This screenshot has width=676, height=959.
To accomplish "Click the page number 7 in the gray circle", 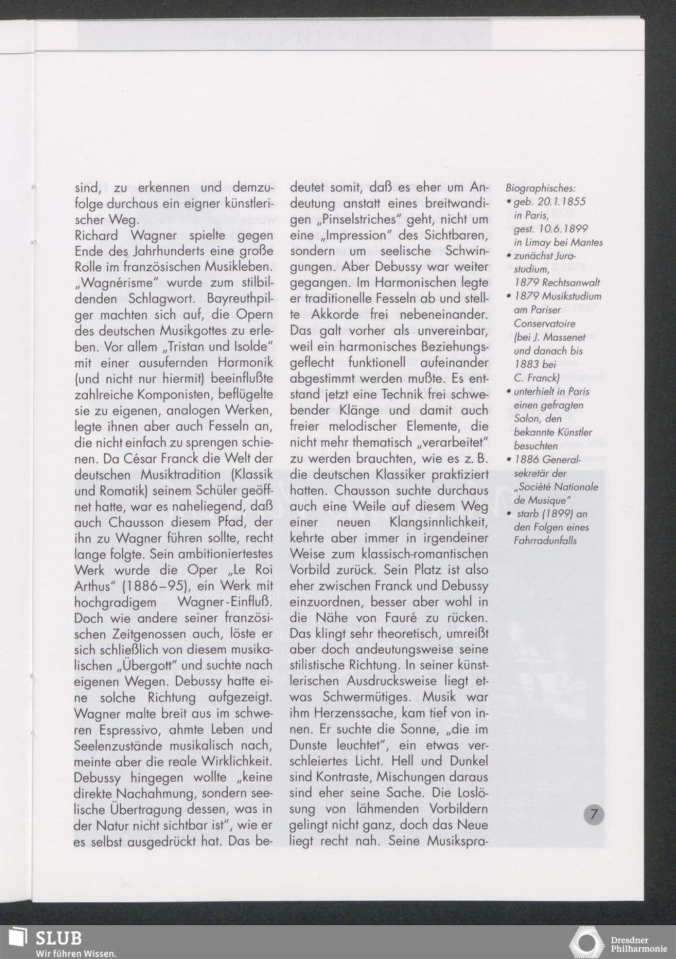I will tap(594, 814).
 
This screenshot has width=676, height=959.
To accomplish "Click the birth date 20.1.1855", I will tap(554, 202).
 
